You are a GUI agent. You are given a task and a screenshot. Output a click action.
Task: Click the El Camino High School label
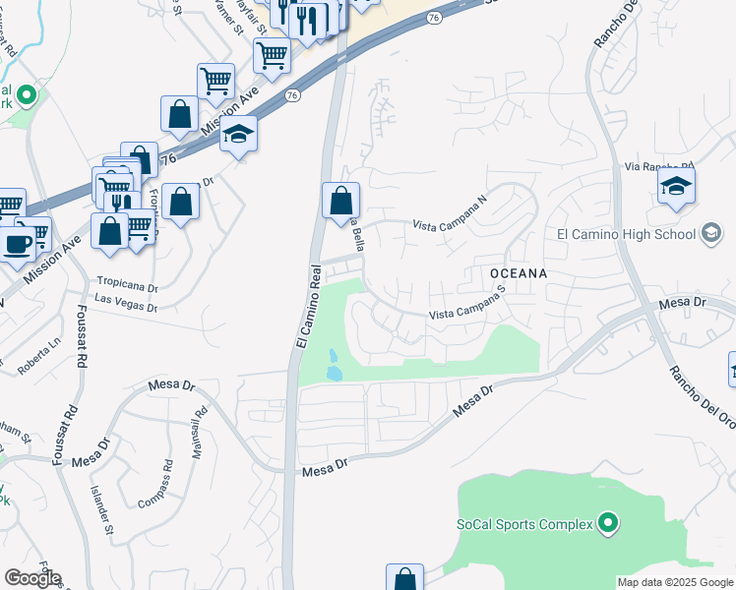pyautogui.click(x=626, y=234)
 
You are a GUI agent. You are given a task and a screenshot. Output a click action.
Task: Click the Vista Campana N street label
pyautogui.click(x=450, y=212)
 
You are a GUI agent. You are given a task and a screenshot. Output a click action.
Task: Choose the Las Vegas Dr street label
pyautogui.click(x=126, y=302)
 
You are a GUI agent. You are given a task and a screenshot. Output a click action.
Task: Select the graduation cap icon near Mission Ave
pyautogui.click(x=237, y=133)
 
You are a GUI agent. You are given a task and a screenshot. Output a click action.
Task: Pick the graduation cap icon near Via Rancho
pyautogui.click(x=676, y=186)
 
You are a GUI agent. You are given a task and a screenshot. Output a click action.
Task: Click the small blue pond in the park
pyautogui.click(x=334, y=365)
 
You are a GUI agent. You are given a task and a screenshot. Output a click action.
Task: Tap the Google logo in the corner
pyautogui.click(x=31, y=578)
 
